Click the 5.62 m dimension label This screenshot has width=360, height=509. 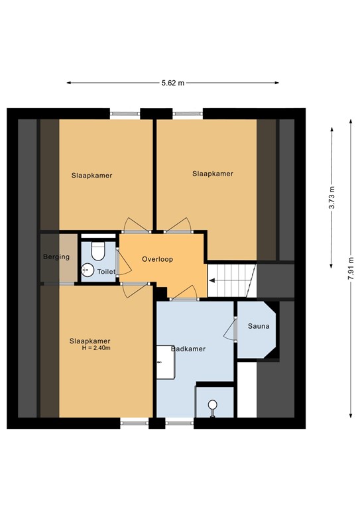tap(172, 83)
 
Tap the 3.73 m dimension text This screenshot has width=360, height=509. tap(332, 196)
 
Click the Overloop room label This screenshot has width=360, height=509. tap(157, 259)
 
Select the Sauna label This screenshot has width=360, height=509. tap(258, 326)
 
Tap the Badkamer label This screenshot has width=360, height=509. tap(188, 349)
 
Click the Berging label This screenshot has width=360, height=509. tap(56, 257)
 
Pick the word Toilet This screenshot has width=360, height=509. tap(106, 272)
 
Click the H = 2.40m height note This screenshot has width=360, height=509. tap(95, 349)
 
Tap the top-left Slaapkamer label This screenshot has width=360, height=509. tap(91, 176)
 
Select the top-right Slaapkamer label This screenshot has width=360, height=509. tap(213, 174)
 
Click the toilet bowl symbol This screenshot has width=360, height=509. tap(98, 251)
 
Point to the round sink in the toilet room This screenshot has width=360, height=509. tap(86, 270)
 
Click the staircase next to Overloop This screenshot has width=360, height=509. tap(232, 280)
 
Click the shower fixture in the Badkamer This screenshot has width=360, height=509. tap(213, 405)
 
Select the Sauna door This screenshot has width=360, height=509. tap(235, 328)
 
